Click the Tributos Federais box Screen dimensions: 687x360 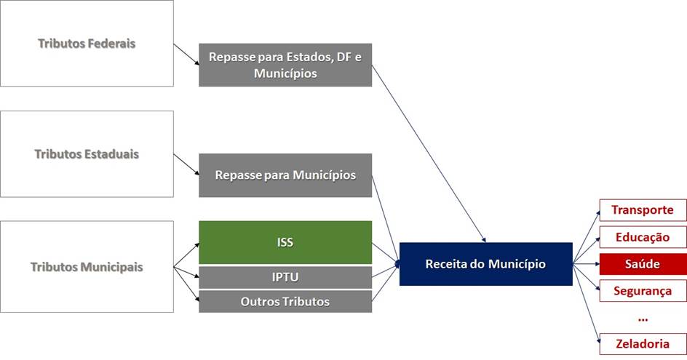click(x=87, y=43)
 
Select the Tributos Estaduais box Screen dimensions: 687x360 click(x=87, y=153)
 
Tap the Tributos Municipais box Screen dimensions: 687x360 click(x=87, y=266)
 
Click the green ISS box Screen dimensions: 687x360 click(x=285, y=242)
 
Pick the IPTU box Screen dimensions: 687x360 click(x=285, y=277)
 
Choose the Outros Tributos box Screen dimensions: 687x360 click(x=285, y=301)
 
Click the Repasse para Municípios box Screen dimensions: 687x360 click(x=285, y=175)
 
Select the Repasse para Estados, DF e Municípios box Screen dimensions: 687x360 click(x=285, y=65)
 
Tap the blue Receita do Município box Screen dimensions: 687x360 click(x=486, y=264)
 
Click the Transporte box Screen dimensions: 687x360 click(x=643, y=209)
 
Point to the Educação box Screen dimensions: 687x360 click(x=643, y=237)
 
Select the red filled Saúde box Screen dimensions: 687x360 click(x=643, y=264)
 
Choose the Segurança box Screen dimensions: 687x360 click(x=643, y=291)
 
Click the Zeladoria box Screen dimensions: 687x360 click(x=643, y=344)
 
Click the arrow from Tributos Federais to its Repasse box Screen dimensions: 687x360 click(x=186, y=55)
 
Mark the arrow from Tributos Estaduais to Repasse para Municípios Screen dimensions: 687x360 click(x=186, y=164)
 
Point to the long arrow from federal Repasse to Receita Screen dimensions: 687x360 click(x=429, y=153)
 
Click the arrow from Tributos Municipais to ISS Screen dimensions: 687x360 click(x=186, y=255)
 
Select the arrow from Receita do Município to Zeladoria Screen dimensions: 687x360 click(x=587, y=304)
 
